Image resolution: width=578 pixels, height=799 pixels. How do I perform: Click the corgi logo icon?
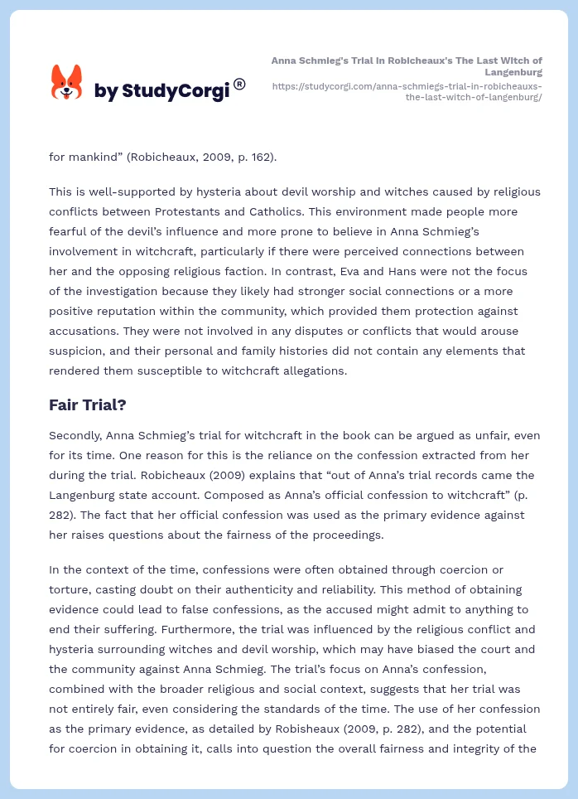pyautogui.click(x=67, y=82)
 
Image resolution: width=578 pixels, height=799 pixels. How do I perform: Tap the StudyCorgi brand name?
pyautogui.click(x=161, y=91)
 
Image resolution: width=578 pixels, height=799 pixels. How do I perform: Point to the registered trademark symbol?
pyautogui.click(x=239, y=84)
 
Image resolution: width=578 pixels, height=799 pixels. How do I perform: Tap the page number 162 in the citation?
pyautogui.click(x=261, y=156)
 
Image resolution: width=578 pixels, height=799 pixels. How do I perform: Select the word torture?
pyautogui.click(x=68, y=589)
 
